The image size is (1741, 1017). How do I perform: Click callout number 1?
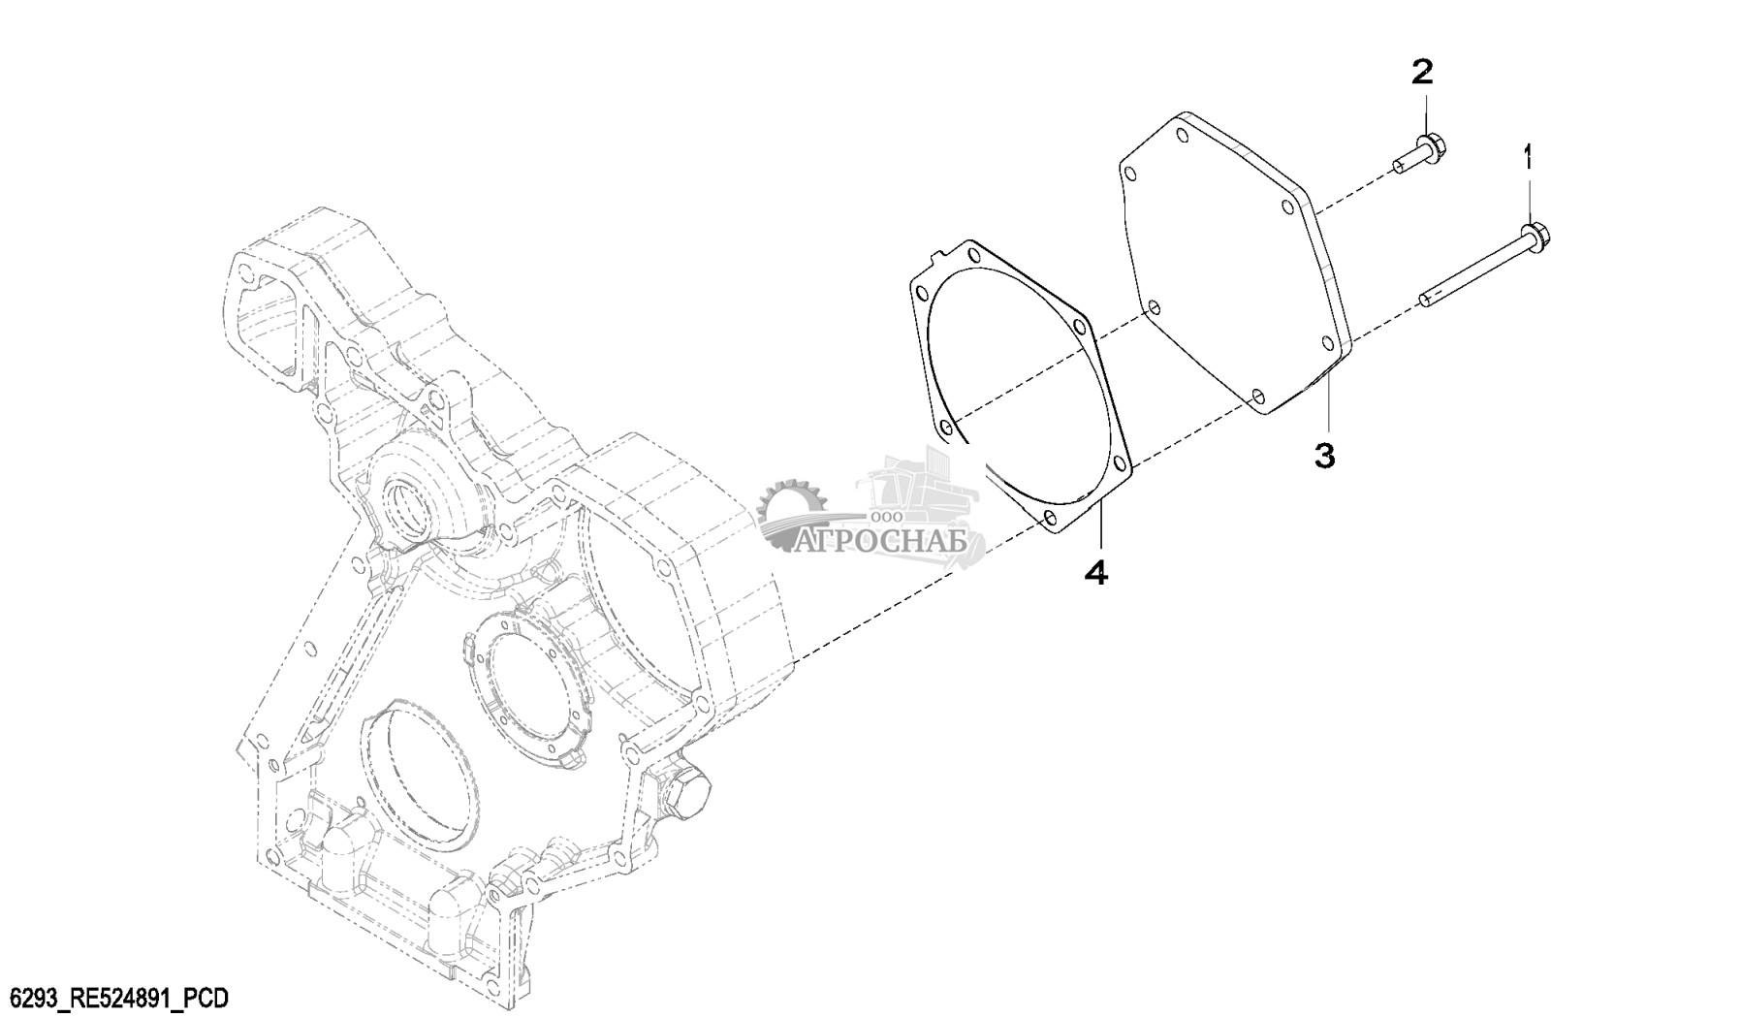[x=1530, y=157]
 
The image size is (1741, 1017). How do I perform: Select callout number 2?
[x=1421, y=71]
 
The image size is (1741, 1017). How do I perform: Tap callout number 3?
[x=1324, y=454]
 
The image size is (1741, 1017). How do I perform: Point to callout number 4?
[x=1095, y=572]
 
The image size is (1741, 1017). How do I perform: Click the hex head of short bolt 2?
[x=1434, y=151]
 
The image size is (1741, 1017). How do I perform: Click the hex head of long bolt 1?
[x=1535, y=235]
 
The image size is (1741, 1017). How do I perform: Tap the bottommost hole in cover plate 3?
[x=1257, y=396]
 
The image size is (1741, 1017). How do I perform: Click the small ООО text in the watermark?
[x=882, y=518]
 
